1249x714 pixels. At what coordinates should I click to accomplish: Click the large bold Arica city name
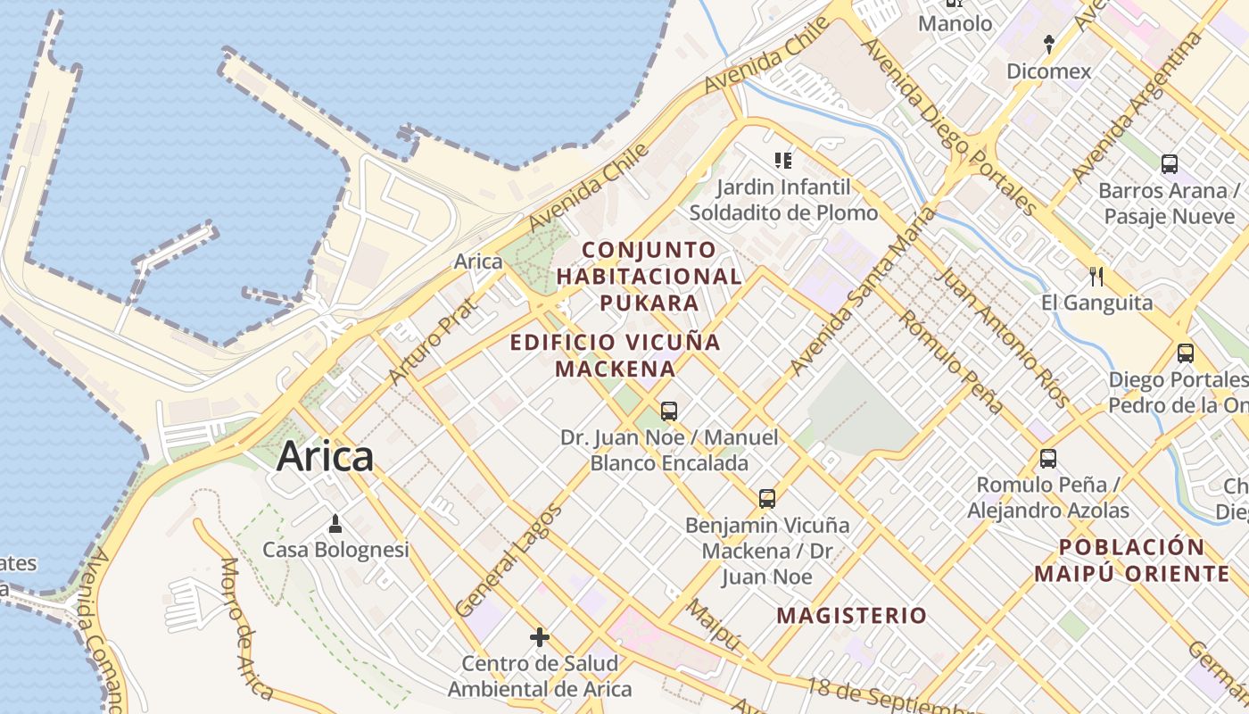tap(325, 456)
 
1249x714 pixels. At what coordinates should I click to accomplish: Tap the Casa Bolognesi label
tap(335, 549)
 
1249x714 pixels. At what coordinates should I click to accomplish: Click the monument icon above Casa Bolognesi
tap(335, 523)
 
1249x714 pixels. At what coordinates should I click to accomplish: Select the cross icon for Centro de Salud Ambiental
tap(539, 637)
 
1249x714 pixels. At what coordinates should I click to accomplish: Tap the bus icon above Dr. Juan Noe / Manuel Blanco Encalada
tap(669, 411)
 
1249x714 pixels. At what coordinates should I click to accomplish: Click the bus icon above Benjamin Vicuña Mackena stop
tap(767, 499)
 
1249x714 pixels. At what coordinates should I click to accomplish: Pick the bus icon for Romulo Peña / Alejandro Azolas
tap(1048, 459)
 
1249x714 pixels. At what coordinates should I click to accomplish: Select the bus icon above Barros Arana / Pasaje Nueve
tap(1170, 164)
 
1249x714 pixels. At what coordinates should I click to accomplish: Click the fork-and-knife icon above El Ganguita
tap(1096, 276)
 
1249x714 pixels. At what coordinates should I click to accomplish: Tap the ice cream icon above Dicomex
tap(1049, 44)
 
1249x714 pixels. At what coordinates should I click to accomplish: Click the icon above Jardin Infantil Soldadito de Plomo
tap(783, 161)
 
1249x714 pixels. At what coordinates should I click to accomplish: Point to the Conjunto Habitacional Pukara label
tap(649, 276)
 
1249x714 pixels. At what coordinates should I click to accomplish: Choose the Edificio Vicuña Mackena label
tap(615, 354)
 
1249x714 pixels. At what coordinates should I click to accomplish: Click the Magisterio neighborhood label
tap(851, 615)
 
